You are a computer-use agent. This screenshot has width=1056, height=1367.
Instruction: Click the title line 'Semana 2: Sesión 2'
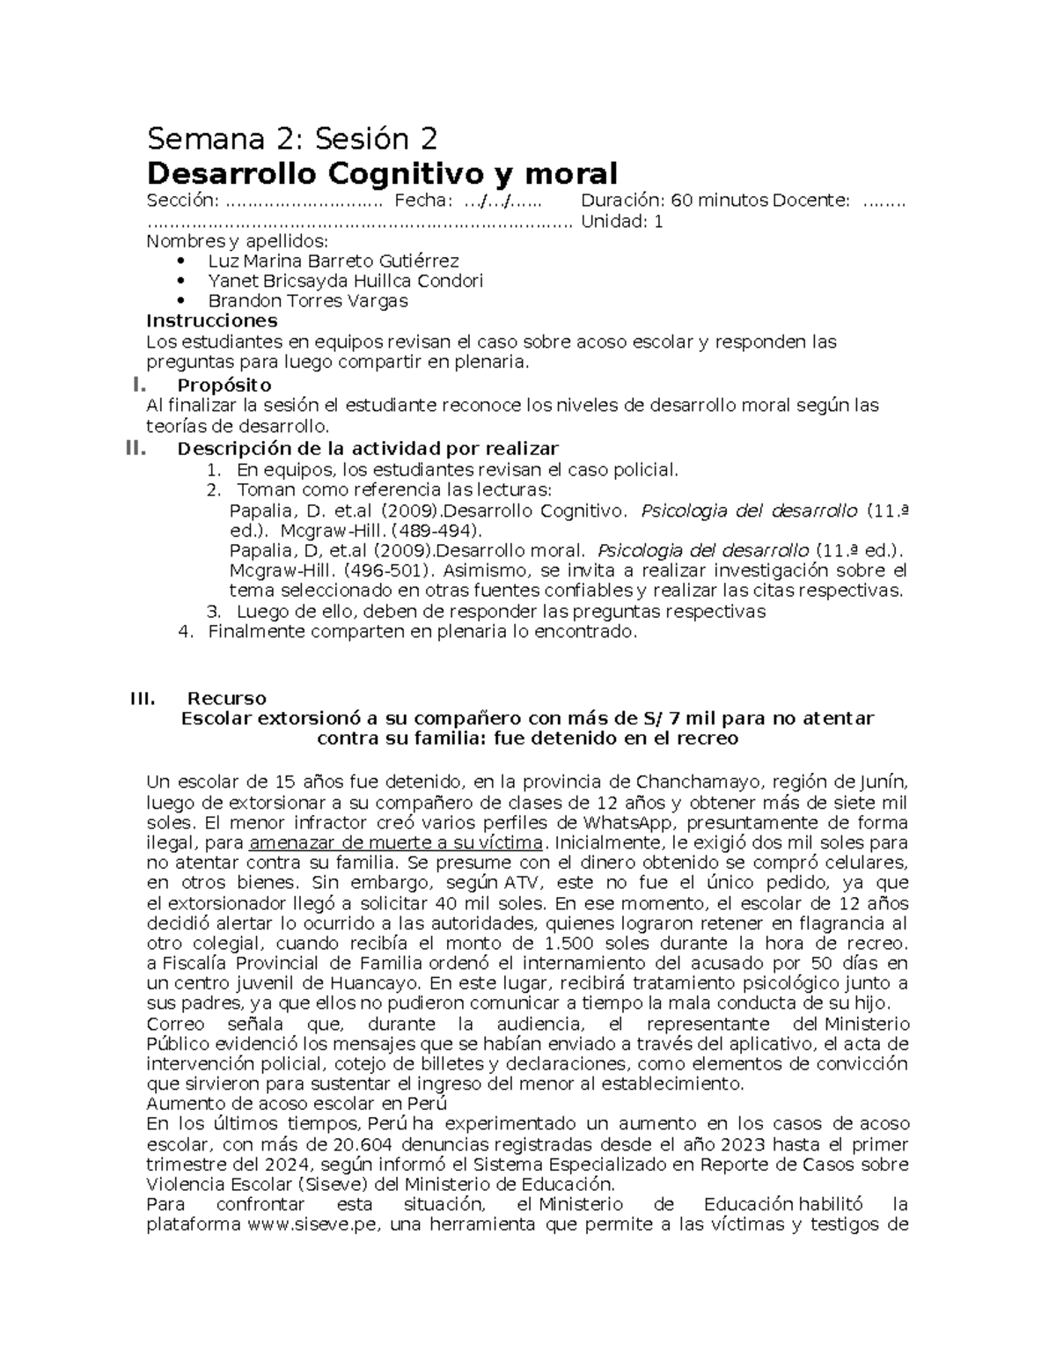[291, 139]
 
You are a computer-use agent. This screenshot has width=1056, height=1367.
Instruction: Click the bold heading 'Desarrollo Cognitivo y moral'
[382, 173]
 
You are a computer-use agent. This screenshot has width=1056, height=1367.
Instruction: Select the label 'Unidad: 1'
[622, 222]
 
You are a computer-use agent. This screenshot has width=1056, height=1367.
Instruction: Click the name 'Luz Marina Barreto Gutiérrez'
[333, 261]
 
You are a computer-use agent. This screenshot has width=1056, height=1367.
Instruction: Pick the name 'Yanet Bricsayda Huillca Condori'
[345, 281]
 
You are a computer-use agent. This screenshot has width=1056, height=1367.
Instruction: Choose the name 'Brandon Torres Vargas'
[308, 301]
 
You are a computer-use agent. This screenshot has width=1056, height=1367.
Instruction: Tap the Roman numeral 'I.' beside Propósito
[136, 385]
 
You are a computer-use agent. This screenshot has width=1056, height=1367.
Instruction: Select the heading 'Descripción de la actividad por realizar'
[368, 448]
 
